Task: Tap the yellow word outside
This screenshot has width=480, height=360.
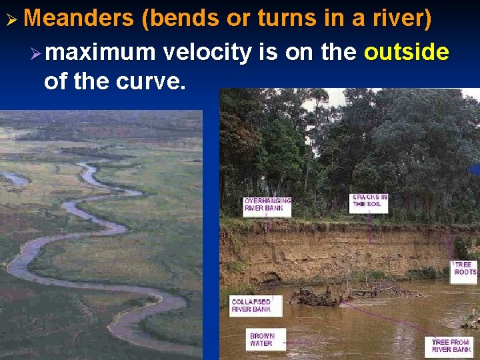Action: coord(407,51)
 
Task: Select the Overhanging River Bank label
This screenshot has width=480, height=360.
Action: coord(267,205)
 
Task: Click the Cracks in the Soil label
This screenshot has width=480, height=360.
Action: coord(369,201)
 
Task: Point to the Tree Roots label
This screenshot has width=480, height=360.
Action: coord(465,269)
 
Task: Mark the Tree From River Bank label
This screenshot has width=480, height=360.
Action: coord(451,346)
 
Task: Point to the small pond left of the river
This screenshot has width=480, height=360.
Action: coord(15,178)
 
